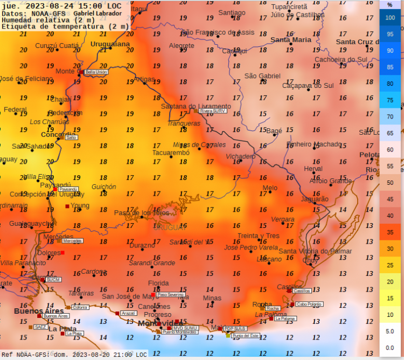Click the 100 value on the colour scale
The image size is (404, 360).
[x=391, y=18]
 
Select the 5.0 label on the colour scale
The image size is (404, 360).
[x=391, y=331]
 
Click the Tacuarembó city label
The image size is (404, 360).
[x=156, y=153]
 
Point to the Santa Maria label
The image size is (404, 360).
[x=291, y=39]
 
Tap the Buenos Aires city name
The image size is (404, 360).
[x=35, y=311]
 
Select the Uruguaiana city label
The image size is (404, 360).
[x=110, y=44]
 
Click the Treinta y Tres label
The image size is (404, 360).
[x=259, y=236]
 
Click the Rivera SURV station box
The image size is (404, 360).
[x=213, y=110]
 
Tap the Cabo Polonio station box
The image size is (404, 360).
[x=309, y=304]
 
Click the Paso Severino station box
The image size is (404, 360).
[x=171, y=295]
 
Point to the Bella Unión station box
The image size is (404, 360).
[x=96, y=72]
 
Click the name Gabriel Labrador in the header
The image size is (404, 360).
[x=97, y=12]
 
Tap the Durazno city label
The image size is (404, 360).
[x=142, y=245]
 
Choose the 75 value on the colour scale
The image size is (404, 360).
[x=391, y=100]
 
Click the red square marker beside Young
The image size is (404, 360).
[x=67, y=206]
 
